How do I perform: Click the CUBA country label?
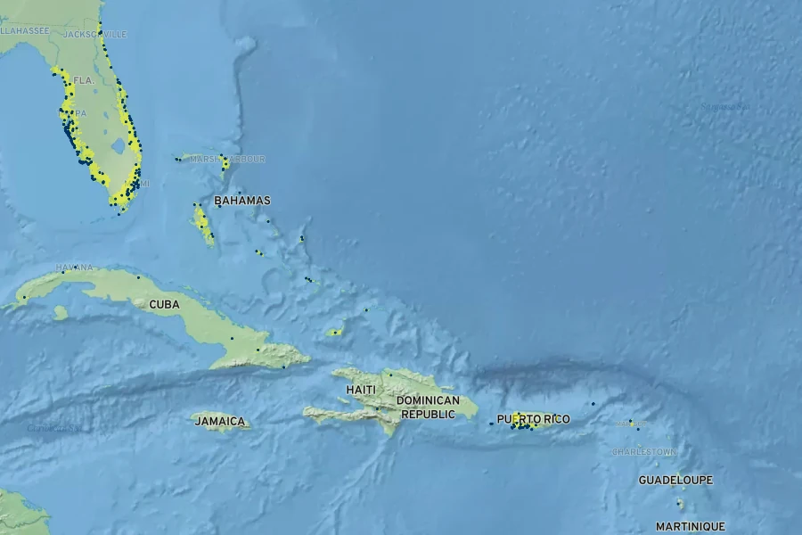pyautogui.click(x=164, y=304)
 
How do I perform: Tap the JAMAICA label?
pyautogui.click(x=219, y=421)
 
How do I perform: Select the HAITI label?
pyautogui.click(x=361, y=391)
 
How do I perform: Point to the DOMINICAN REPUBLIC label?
pyautogui.click(x=430, y=407)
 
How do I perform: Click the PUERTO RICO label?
pyautogui.click(x=533, y=419)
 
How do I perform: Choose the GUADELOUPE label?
pyautogui.click(x=675, y=480)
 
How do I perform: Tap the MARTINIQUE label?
pyautogui.click(x=690, y=526)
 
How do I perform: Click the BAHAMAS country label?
pyautogui.click(x=241, y=201)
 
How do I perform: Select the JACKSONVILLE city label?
pyautogui.click(x=95, y=34)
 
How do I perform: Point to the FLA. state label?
pyautogui.click(x=83, y=80)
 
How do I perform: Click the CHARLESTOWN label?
pyautogui.click(x=643, y=452)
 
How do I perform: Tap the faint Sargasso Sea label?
pyautogui.click(x=724, y=106)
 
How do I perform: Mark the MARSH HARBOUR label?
pyautogui.click(x=228, y=159)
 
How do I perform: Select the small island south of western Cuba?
pyautogui.click(x=60, y=312)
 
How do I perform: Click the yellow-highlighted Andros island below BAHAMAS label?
pyautogui.click(x=203, y=225)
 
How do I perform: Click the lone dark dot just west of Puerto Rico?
pyautogui.click(x=491, y=423)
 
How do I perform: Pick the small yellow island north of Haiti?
pyautogui.click(x=334, y=332)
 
